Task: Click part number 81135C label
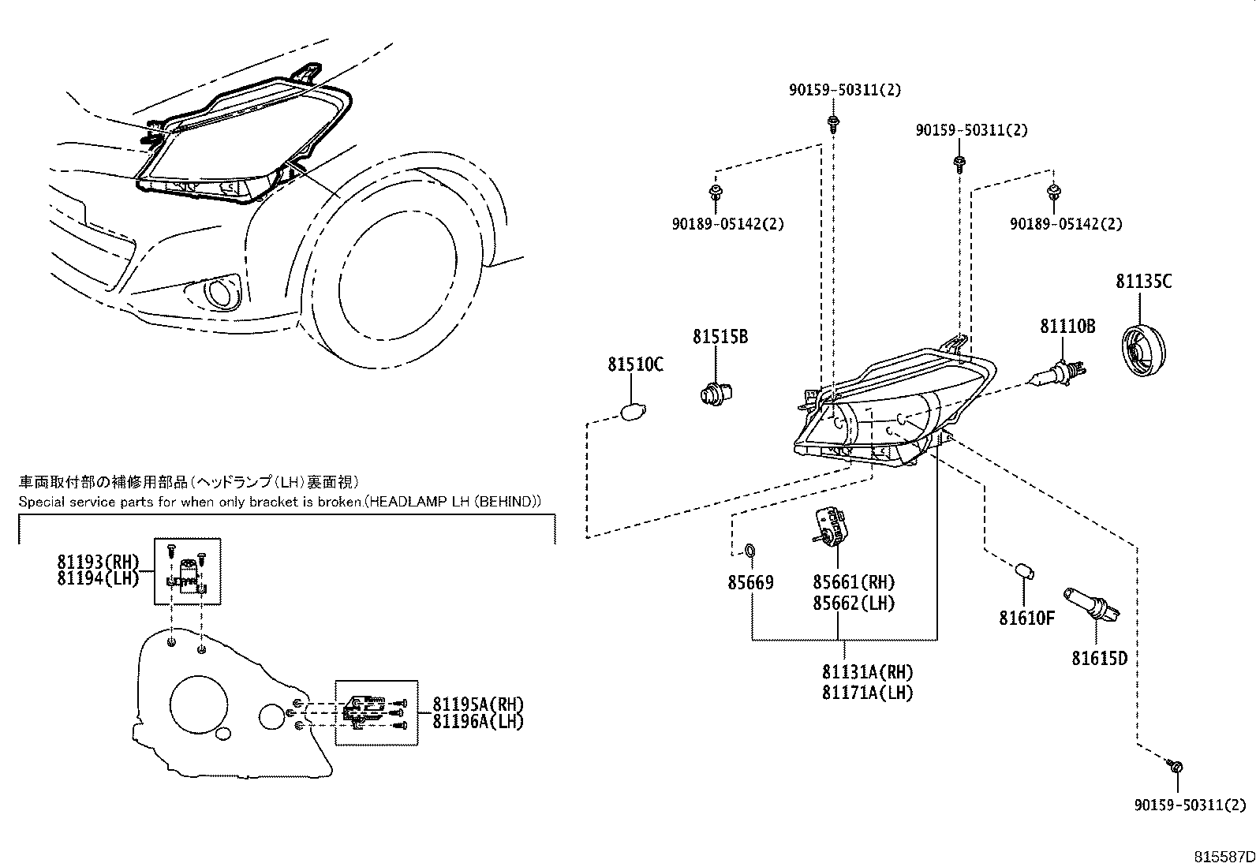click(1143, 281)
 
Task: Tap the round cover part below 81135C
click(1143, 351)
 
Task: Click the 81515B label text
click(720, 337)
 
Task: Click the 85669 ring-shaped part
click(751, 548)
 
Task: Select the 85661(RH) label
click(854, 582)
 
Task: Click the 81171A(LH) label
click(867, 693)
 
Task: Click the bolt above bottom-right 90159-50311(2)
click(1176, 766)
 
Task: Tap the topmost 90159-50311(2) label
click(844, 90)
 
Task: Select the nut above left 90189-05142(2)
click(716, 192)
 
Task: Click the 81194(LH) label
click(98, 578)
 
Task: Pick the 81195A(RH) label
click(478, 704)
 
